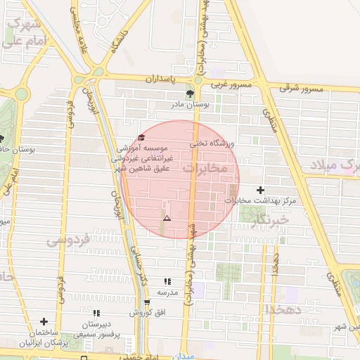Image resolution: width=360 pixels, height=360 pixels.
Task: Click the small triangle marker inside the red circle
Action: [x=167, y=219]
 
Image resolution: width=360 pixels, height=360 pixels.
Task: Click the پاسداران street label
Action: [x=163, y=80]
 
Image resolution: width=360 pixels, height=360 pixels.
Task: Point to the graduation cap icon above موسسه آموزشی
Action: [x=141, y=138]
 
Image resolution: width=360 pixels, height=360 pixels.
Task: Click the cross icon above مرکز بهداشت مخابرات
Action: [x=261, y=190]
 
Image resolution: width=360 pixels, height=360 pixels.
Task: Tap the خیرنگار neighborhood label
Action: [x=269, y=221]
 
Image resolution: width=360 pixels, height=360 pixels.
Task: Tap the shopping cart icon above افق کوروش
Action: [x=147, y=302]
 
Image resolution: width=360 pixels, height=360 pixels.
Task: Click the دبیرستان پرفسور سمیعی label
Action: [x=96, y=328]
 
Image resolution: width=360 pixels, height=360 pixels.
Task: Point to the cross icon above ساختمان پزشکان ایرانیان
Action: [x=44, y=321]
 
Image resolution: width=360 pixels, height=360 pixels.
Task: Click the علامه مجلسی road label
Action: [x=75, y=22]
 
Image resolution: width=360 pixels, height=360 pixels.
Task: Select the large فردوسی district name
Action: [x=68, y=240]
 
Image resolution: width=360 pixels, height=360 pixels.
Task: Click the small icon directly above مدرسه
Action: [x=167, y=281]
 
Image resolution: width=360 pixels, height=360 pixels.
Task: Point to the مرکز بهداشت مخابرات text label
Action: [x=257, y=200]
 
